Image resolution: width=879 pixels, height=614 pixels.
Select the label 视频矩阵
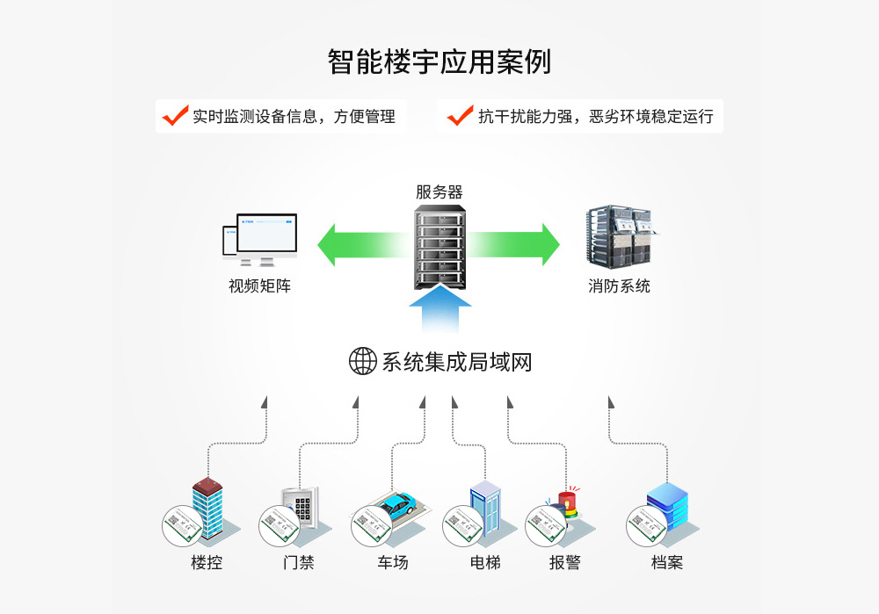(259, 286)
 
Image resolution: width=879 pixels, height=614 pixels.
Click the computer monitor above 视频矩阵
(265, 237)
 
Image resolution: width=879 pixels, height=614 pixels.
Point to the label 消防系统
(620, 286)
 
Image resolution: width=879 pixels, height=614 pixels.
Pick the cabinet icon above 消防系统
(620, 235)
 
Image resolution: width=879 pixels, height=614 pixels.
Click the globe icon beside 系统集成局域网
(363, 361)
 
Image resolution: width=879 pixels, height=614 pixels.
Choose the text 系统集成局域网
(457, 362)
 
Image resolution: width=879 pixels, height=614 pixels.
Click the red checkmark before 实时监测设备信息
(176, 115)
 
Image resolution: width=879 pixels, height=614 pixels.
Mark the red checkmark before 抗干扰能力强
(460, 115)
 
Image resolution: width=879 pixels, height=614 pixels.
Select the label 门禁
(299, 562)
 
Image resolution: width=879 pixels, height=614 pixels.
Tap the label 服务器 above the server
(439, 192)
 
